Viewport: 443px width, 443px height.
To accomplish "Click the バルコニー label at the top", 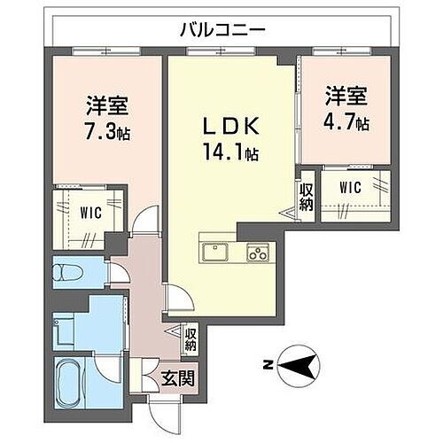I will (x=221, y=28).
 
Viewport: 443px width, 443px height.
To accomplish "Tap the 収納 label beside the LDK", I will (x=306, y=198).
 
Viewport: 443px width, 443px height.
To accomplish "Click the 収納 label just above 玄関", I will (x=191, y=338).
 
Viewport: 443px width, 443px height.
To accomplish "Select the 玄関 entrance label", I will (x=178, y=379).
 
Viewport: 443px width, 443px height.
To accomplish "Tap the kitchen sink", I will (x=215, y=253).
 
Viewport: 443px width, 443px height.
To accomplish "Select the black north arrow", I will (x=301, y=363).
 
